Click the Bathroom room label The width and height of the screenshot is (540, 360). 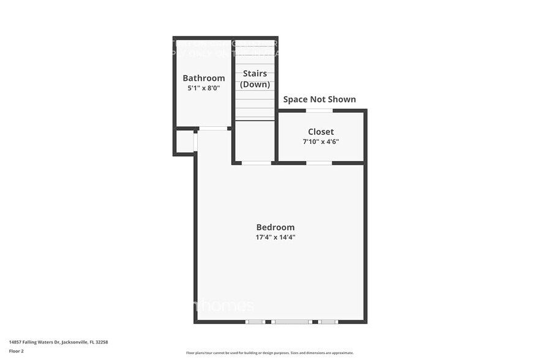[x=204, y=78]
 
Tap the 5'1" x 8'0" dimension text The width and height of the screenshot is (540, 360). [x=204, y=88]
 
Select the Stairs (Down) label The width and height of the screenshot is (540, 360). [x=255, y=79]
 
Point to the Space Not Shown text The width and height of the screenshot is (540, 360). [x=319, y=99]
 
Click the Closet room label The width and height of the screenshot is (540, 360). [x=321, y=132]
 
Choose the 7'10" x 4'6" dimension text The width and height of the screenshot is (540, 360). [x=321, y=141]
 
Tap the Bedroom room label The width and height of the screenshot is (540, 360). [x=276, y=227]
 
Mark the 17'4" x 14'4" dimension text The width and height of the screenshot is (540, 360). [x=276, y=237]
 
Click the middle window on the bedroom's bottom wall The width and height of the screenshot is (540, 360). [x=291, y=321]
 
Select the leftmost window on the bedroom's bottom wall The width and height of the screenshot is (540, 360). [x=255, y=321]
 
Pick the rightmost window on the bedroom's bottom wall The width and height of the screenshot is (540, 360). [x=328, y=321]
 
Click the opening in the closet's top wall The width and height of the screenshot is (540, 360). [x=319, y=110]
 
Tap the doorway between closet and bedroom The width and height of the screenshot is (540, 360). [x=319, y=163]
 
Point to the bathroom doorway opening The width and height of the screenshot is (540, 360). [x=214, y=129]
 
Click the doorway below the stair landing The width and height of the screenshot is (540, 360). [x=257, y=163]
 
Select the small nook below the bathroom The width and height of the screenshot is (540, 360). [x=184, y=141]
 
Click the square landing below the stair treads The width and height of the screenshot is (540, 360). [x=255, y=141]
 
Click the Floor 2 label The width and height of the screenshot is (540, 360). [x=16, y=351]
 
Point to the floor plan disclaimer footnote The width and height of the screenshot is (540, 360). [x=270, y=353]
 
